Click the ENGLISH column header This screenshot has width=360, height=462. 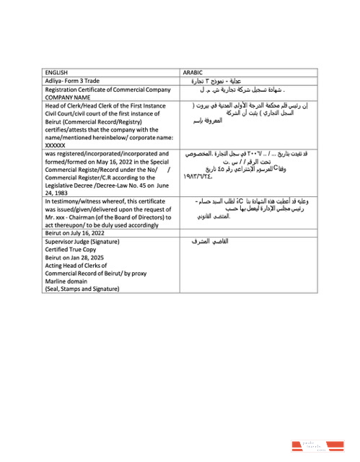[x=56, y=72]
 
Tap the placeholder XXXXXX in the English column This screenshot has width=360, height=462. [x=56, y=144]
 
